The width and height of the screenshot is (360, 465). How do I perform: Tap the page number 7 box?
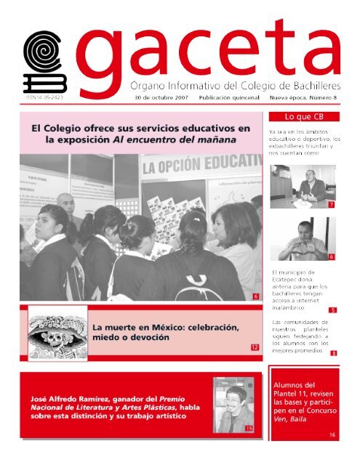tap(332, 206)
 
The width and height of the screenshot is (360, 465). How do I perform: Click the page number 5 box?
tap(332, 310)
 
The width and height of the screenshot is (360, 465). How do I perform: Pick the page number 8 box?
tap(332, 353)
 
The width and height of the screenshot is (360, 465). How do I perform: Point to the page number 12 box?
tap(254, 348)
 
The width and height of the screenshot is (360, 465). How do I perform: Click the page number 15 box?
tap(249, 429)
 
